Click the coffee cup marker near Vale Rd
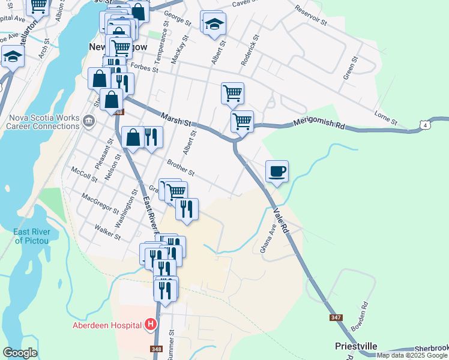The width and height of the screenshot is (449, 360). click(277, 172)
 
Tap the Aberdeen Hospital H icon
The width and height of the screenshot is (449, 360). click(151, 325)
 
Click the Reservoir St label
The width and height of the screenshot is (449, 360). click(310, 16)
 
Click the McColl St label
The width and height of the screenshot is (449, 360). click(83, 173)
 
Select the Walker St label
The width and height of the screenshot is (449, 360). click(108, 232)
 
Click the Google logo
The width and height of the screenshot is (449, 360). click(20, 353)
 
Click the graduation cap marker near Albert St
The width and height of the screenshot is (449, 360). click(213, 24)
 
